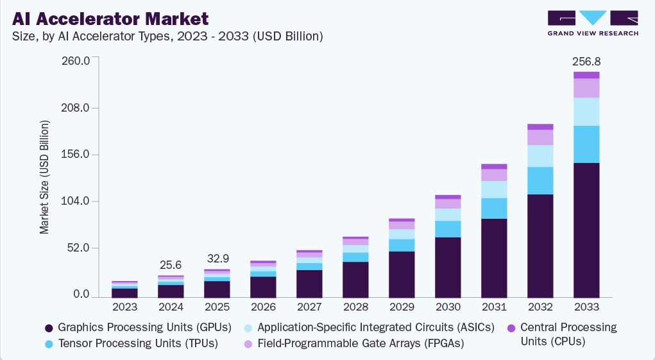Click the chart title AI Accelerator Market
[x=110, y=17]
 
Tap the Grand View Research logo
[x=592, y=22]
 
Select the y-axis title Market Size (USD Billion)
[x=44, y=176]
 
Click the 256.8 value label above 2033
[x=586, y=62]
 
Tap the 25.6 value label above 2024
[x=170, y=265]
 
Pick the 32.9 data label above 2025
[x=217, y=259]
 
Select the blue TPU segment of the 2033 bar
[x=586, y=144]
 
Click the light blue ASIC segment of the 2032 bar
[x=540, y=156]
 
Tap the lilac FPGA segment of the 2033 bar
[x=586, y=88]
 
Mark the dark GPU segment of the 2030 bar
[x=448, y=267]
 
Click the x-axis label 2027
[x=309, y=307]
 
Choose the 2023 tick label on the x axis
[x=124, y=307]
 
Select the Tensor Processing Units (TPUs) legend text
[x=138, y=343]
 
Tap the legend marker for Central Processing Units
[x=511, y=328]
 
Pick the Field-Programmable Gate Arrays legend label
[x=360, y=343]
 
